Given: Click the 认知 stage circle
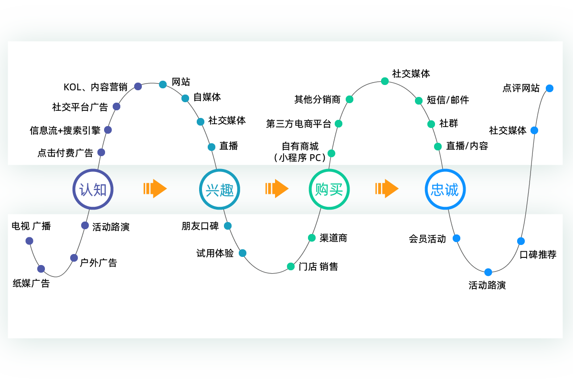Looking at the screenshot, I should pos(93,190).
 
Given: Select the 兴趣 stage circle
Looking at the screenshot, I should pos(220,190).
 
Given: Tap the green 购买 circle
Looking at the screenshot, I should pos(329,190).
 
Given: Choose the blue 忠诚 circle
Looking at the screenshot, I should pos(445,190).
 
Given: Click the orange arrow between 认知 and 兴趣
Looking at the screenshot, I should pos(155,189).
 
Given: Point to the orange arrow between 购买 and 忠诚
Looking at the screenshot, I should pos(386,189).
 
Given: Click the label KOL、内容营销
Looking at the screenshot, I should pos(95,87).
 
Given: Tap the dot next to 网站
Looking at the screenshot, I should pos(163,85).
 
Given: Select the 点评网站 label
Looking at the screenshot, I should pos(521,88).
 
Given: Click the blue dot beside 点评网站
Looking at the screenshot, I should pos(550,88).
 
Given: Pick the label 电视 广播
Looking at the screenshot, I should pos(31,226).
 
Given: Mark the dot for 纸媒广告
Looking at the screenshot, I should pos(41,269).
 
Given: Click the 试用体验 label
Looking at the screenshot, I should pos(215,254).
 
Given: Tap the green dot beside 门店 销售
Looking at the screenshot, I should pos(291,266).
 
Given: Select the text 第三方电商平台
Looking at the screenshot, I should pos(298,124).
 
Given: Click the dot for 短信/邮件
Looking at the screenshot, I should pos(419,101).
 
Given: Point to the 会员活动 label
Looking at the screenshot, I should pos(427,239).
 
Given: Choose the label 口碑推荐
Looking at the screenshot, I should pos(538,255).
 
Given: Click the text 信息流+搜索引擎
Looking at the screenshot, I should pos(65,130).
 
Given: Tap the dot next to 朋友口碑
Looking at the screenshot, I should pos(228,226).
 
